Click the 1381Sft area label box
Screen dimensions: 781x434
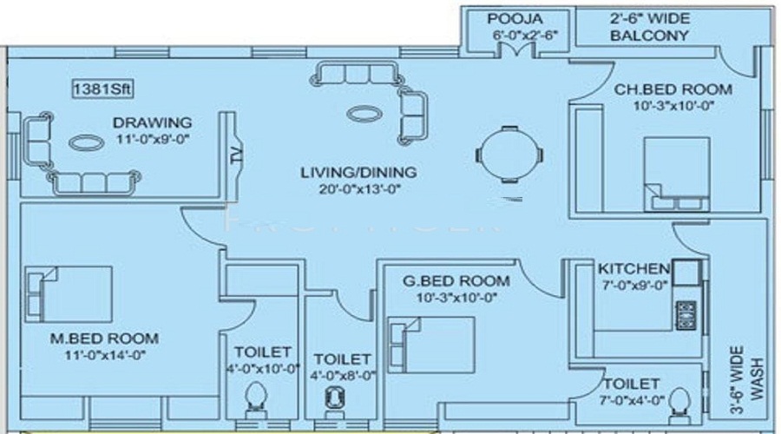click(102, 89)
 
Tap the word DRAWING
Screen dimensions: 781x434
click(153, 122)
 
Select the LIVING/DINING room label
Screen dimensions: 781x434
click(358, 173)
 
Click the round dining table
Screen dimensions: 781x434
click(509, 155)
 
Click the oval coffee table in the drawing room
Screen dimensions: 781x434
click(87, 143)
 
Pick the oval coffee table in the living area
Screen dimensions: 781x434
click(364, 114)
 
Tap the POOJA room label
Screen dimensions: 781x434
click(515, 19)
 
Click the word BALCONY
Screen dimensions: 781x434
click(649, 36)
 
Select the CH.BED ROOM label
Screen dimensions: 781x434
click(673, 89)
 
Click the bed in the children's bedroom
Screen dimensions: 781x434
click(677, 174)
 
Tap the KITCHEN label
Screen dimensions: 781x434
click(633, 268)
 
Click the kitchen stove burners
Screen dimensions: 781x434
click(686, 315)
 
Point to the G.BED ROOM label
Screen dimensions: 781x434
click(456, 281)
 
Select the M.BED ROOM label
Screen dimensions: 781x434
click(105, 339)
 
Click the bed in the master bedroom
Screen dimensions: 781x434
click(69, 294)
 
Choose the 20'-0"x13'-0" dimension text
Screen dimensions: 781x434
click(360, 189)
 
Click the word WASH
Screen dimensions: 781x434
click(757, 378)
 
